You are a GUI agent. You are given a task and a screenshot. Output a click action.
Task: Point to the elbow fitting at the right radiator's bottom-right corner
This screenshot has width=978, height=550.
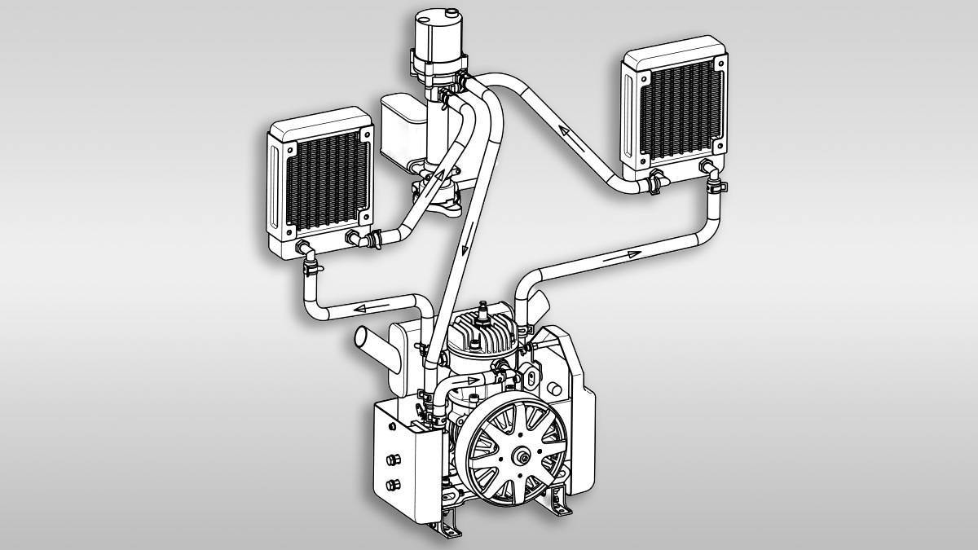pos(711,171)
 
